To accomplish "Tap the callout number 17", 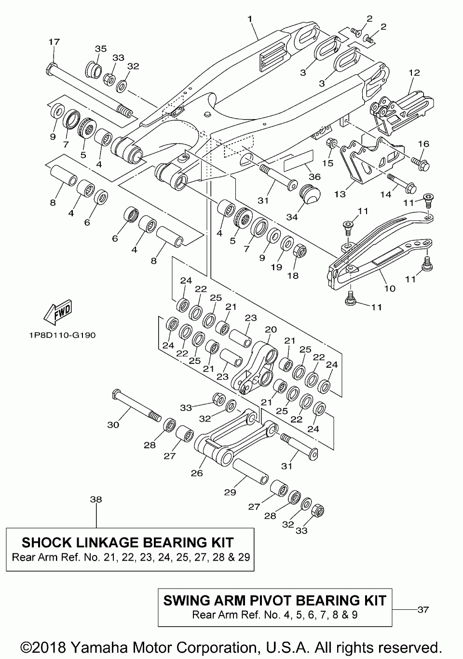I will tap(54, 42).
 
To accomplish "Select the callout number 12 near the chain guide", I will tap(414, 73).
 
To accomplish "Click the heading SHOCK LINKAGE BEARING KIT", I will tap(128, 542).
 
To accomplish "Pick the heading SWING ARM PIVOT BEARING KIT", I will tap(275, 600).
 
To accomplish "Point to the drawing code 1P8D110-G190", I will tap(59, 335).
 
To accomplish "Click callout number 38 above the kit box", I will tap(96, 500).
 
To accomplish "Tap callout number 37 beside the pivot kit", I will tap(422, 609).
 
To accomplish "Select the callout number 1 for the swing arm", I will tap(250, 19).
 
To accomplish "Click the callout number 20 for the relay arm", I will tap(271, 329).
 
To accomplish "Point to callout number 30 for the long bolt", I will tap(113, 425).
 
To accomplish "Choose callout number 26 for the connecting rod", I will tap(197, 473).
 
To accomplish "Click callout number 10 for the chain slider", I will tap(390, 288).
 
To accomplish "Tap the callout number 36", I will tap(314, 177).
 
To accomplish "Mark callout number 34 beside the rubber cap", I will tap(292, 217).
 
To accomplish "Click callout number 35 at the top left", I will tap(100, 49).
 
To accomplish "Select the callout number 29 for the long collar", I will tap(230, 492).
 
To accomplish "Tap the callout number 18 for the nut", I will tap(293, 276).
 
